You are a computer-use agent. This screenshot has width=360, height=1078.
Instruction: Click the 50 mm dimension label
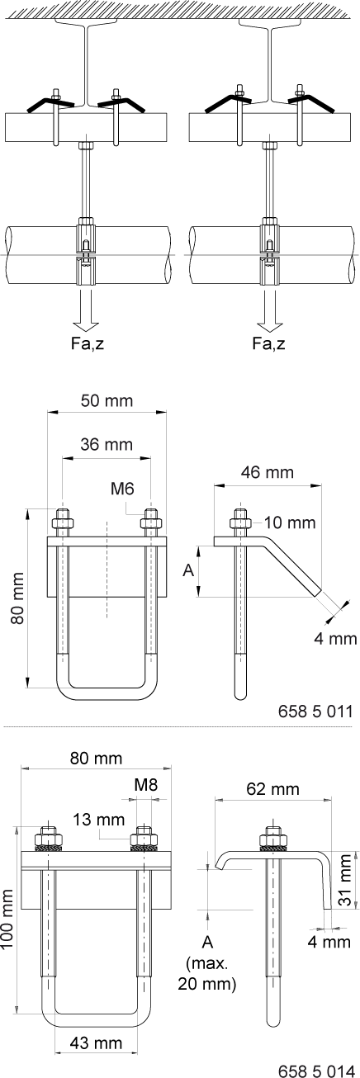pyautogui.click(x=107, y=400)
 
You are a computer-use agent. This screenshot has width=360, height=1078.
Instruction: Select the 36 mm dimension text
pyautogui.click(x=107, y=444)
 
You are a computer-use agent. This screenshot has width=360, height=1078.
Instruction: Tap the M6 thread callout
pyautogui.click(x=122, y=489)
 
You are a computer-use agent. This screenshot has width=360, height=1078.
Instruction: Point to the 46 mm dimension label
pyautogui.click(x=268, y=472)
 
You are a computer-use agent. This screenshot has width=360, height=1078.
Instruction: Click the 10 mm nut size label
pyautogui.click(x=290, y=522)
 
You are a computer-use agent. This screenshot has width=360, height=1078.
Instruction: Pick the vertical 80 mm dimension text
pyautogui.click(x=18, y=598)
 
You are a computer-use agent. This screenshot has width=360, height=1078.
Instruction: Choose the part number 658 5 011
pyautogui.click(x=315, y=711)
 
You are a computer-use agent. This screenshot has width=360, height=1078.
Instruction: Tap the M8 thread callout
pyautogui.click(x=146, y=785)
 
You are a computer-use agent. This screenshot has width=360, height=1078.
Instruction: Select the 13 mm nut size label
pyautogui.click(x=99, y=819)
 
